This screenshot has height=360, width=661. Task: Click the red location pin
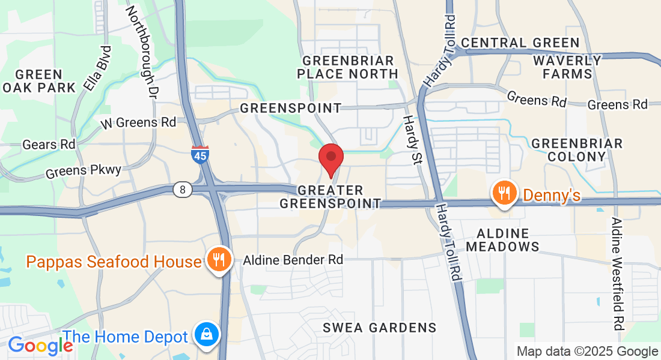(330, 157)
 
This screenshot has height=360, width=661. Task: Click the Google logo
(40, 345)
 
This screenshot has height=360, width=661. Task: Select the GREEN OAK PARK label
(38, 81)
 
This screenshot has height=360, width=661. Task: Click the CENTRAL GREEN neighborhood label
(520, 43)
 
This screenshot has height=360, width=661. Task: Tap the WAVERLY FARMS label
(567, 67)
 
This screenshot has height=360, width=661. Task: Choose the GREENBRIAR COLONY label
(577, 150)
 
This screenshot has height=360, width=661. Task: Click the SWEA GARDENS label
(379, 328)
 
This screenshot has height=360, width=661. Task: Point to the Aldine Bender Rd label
(293, 260)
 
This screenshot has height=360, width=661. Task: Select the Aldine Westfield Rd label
(618, 274)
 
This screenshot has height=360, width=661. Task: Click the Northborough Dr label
(142, 52)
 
